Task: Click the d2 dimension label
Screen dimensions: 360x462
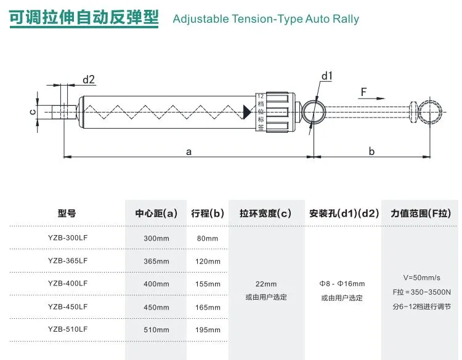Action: [x=89, y=79]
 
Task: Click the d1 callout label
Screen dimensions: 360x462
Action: [x=326, y=76]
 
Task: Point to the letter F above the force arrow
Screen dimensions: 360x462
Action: [x=363, y=92]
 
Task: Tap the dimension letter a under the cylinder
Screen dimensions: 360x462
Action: [x=188, y=151]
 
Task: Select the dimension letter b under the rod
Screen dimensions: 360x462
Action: [x=371, y=151]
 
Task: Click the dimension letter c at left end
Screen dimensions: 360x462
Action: [x=32, y=111]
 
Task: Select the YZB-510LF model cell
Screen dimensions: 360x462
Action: [x=68, y=329]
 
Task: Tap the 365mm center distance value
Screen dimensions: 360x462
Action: [x=156, y=261]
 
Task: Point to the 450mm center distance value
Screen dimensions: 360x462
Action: [x=156, y=306]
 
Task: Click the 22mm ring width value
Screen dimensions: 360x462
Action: [x=266, y=284]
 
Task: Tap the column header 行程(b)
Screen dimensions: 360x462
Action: [x=208, y=214]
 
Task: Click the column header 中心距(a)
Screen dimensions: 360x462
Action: [x=156, y=214]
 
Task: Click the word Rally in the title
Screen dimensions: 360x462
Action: [x=344, y=18]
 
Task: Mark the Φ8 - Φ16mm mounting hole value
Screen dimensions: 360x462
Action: [x=342, y=284]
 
